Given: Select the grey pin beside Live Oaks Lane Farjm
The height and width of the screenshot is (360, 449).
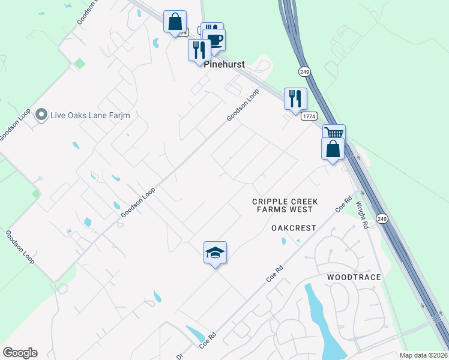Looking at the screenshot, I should click(x=41, y=114).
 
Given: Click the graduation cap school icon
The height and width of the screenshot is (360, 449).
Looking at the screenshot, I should click(x=215, y=253).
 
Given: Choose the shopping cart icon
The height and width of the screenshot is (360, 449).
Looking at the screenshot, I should click(x=334, y=133).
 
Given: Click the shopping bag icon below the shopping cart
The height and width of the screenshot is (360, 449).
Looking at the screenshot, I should click(x=333, y=149).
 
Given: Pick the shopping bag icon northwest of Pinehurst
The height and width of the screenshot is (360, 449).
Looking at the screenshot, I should click(x=175, y=22).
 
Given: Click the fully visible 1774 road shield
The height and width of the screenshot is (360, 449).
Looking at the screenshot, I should click(x=309, y=116).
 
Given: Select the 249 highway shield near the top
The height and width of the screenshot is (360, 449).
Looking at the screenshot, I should click(x=305, y=71).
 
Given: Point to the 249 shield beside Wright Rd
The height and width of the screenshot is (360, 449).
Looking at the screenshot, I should click(x=381, y=220).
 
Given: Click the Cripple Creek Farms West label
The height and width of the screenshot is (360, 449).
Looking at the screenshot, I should click(x=285, y=206).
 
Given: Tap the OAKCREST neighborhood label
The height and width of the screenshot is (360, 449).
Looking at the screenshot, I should click(x=294, y=228).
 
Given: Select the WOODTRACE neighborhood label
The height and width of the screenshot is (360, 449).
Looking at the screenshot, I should click(x=354, y=277).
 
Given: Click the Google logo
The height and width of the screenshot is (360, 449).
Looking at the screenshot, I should click(x=20, y=353).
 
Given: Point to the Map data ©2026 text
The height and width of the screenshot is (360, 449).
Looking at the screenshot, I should click(x=424, y=355).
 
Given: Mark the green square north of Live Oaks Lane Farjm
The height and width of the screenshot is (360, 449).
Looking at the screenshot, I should click(x=79, y=63).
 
